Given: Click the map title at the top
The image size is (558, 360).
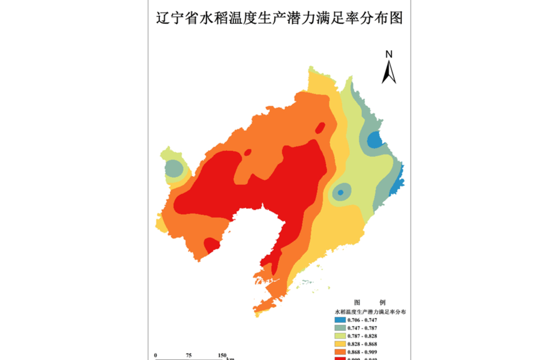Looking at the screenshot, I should point(279,18).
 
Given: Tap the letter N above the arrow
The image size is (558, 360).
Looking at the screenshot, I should point(389,54).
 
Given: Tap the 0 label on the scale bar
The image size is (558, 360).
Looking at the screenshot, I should point(156,355).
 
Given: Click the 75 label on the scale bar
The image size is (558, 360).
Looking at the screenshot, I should point(189,355).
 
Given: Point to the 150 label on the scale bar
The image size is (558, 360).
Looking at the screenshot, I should point(222,355).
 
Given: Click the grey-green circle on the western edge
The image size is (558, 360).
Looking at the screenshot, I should point(174,169).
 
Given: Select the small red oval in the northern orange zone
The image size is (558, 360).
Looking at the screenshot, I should point(320,128).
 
